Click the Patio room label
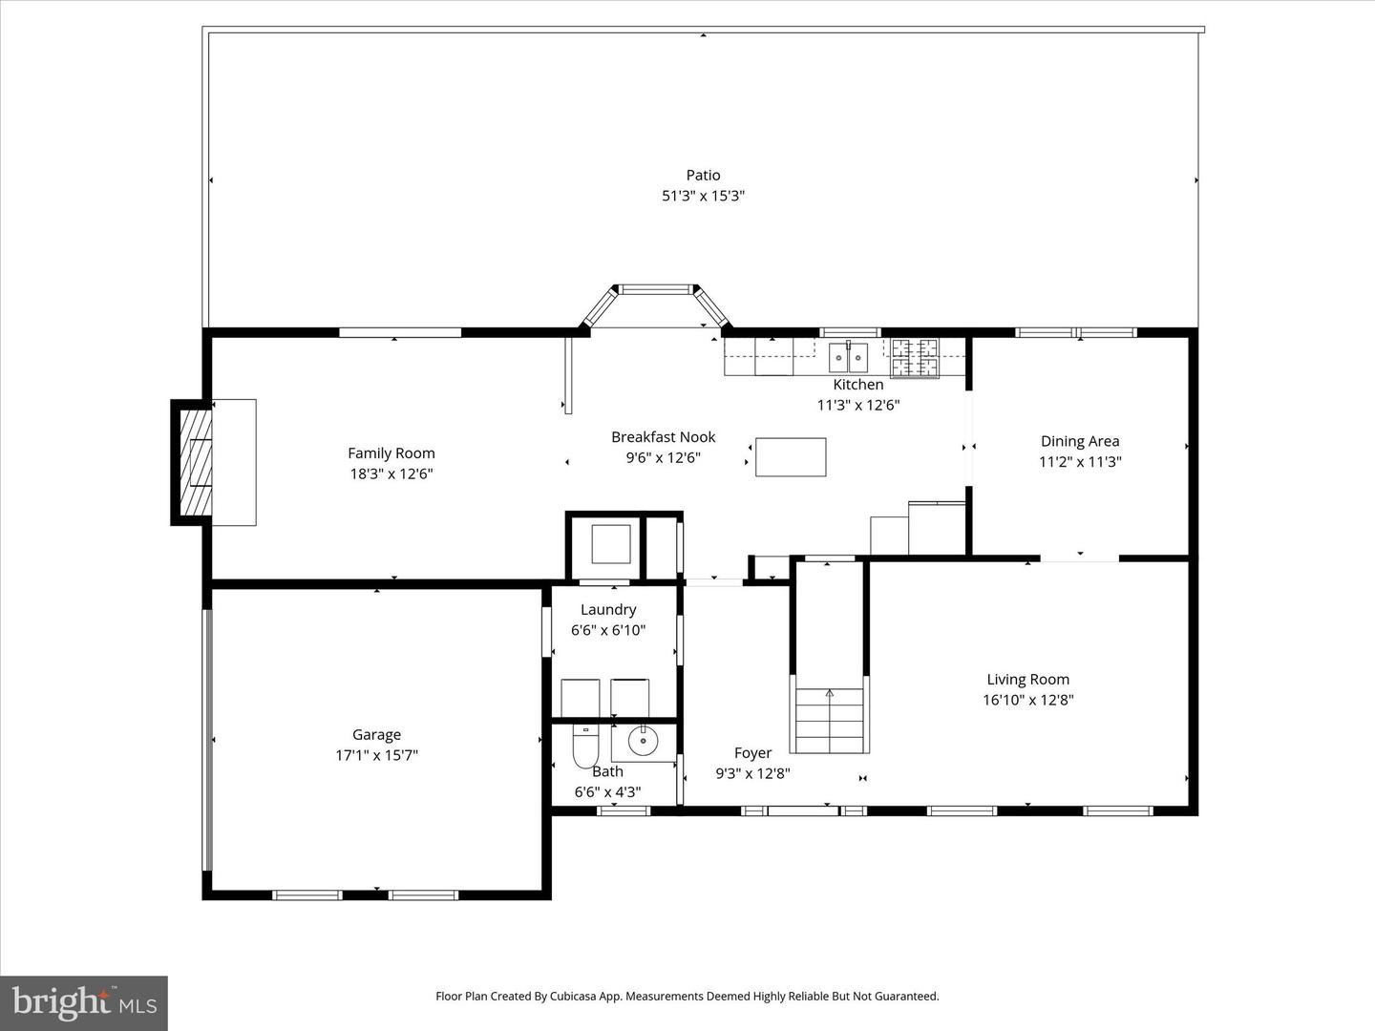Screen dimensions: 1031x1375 coord(703,175)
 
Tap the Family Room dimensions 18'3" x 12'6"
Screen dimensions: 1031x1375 coord(391,473)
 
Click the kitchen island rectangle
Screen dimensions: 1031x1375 coord(791,457)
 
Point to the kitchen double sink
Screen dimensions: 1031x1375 coord(848,358)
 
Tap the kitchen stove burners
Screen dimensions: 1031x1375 coord(915,357)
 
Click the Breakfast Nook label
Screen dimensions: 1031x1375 coord(663,437)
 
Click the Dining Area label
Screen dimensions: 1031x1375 coord(1080,441)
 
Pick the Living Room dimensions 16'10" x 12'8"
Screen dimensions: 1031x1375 coord(1028,700)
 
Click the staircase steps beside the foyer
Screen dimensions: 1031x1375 coord(829,720)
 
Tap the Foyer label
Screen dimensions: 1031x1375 coord(752,753)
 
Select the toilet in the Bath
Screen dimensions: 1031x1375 coord(584,746)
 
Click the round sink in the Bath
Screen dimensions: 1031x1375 coord(643,739)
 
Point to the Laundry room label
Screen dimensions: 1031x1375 coord(608,610)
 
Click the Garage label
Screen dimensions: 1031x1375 coord(376,735)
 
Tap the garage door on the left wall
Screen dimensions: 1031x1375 coord(207,740)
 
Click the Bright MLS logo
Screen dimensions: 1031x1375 coord(84,1002)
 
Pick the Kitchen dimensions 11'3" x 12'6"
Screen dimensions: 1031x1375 coord(857,405)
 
